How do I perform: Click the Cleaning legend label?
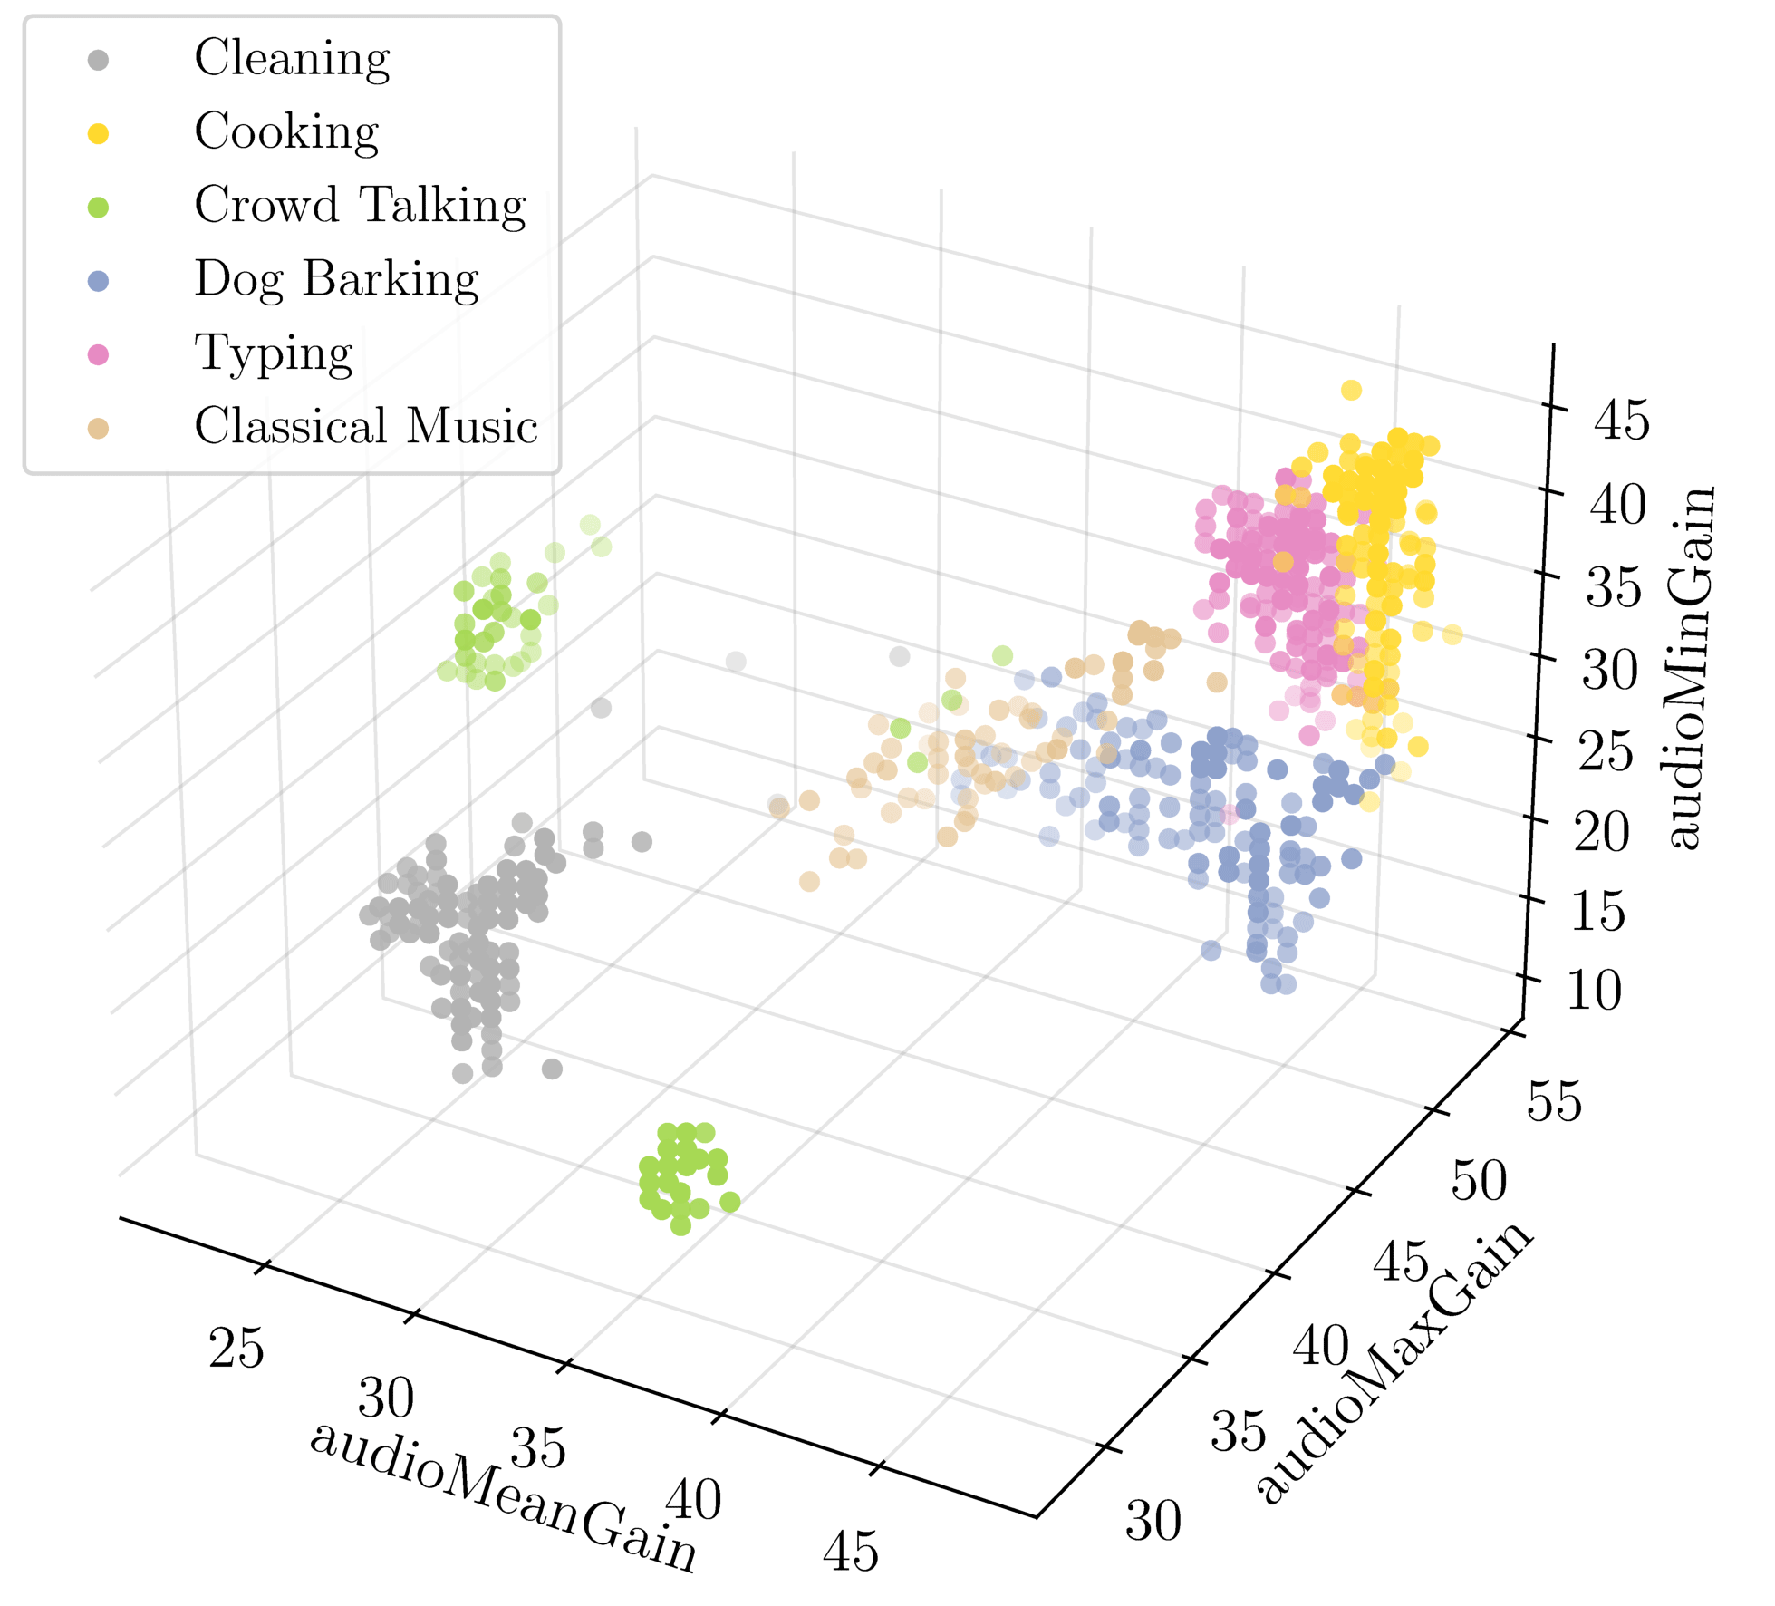[x=292, y=59]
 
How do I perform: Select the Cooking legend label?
[x=286, y=132]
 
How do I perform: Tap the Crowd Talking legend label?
[x=360, y=206]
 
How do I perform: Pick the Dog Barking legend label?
[x=336, y=279]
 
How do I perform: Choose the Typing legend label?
[x=274, y=353]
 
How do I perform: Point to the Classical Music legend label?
[x=366, y=427]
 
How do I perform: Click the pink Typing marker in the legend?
[x=98, y=354]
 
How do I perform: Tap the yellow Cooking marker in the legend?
[x=98, y=134]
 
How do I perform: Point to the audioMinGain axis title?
[x=1690, y=669]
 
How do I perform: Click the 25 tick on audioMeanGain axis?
[x=236, y=1349]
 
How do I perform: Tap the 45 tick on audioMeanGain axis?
[x=851, y=1552]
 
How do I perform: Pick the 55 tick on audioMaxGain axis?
[x=1555, y=1101]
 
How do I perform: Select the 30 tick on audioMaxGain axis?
[x=1153, y=1520]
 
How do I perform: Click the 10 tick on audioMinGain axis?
[x=1594, y=990]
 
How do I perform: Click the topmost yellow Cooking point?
[x=1351, y=390]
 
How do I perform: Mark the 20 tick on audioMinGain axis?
[x=1602, y=832]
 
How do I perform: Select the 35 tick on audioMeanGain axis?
[x=538, y=1447]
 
